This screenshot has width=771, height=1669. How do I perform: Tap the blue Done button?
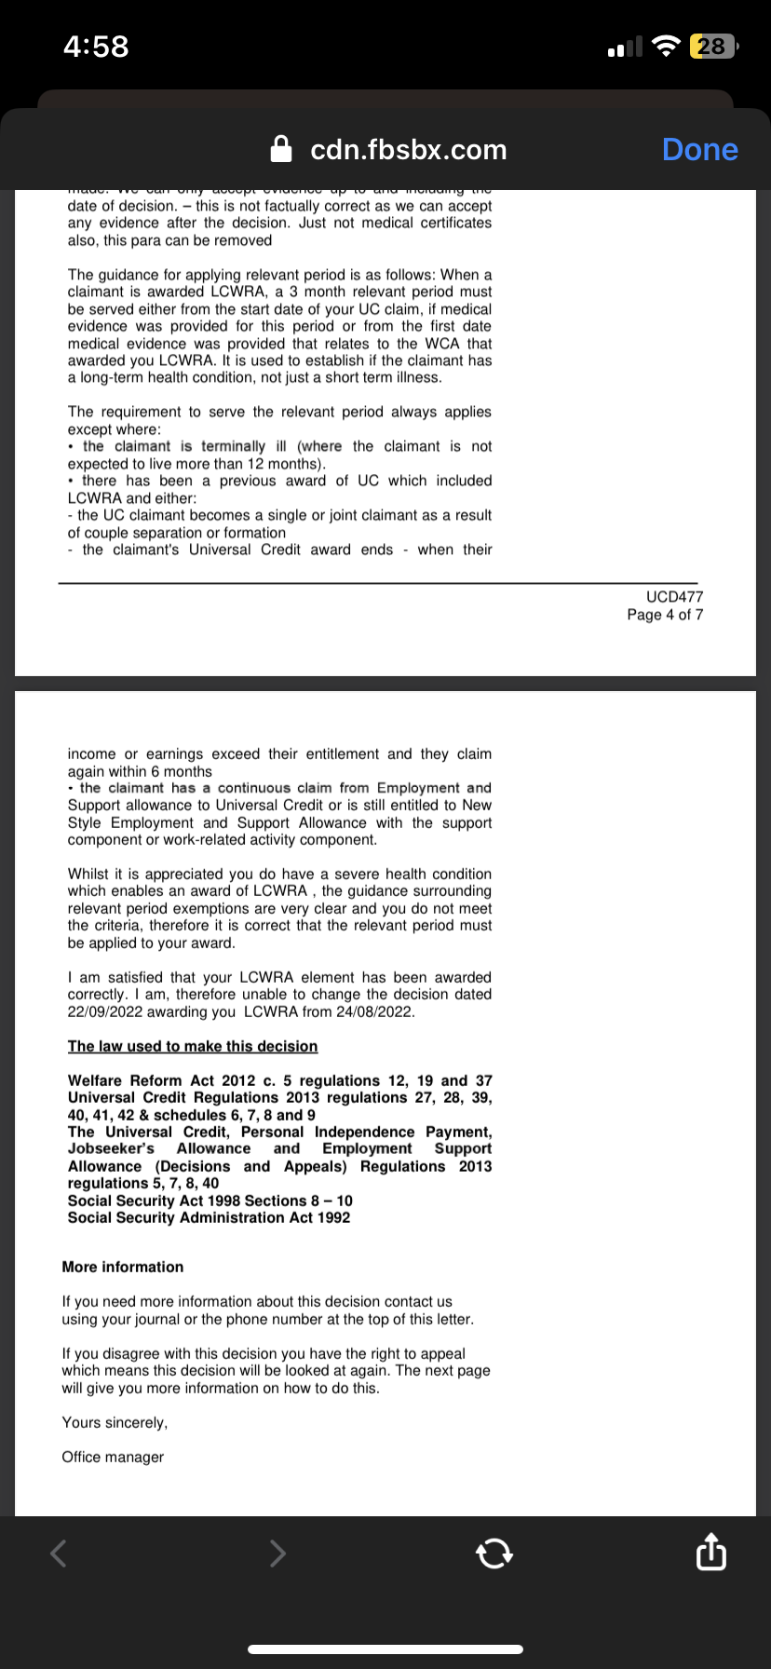click(x=699, y=150)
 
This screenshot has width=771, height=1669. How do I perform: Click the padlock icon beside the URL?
click(x=280, y=149)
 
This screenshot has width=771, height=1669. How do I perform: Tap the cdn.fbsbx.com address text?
click(x=408, y=150)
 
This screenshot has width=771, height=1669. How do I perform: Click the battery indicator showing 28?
click(x=711, y=47)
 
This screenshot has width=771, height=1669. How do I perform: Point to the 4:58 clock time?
click(x=96, y=47)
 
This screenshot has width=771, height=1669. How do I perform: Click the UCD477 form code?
click(x=674, y=597)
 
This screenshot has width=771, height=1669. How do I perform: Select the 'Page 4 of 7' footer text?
click(x=665, y=615)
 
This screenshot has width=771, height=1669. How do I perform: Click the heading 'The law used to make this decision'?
click(x=193, y=1047)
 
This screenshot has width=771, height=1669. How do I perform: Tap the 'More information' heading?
click(x=123, y=1268)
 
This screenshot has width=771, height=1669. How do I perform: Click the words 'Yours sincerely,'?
click(x=115, y=1423)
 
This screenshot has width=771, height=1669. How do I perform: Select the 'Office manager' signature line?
click(x=113, y=1458)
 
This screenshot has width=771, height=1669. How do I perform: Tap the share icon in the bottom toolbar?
click(x=710, y=1553)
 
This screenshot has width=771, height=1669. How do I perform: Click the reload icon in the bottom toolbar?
click(x=494, y=1553)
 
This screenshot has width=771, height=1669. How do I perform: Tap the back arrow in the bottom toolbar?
click(x=59, y=1553)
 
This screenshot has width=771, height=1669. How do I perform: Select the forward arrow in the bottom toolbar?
click(x=277, y=1553)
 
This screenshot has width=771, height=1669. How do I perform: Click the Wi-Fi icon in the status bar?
click(x=666, y=47)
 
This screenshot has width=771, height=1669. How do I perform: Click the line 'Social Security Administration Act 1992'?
click(x=209, y=1218)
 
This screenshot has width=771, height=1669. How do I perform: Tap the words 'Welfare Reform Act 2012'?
click(x=163, y=1081)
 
